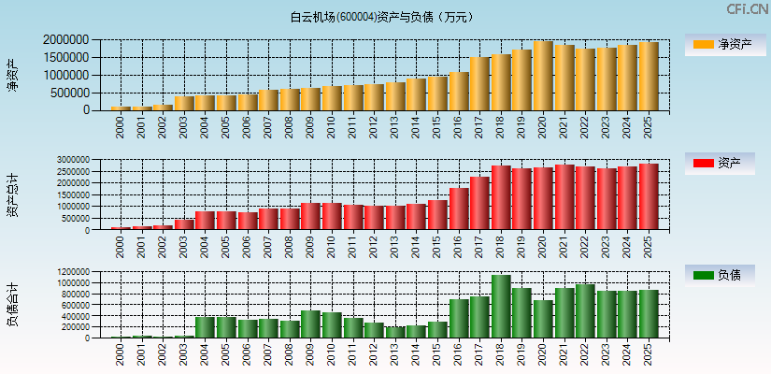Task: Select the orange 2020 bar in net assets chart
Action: pyautogui.click(x=543, y=76)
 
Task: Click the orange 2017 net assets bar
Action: pyautogui.click(x=479, y=84)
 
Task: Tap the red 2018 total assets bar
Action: pyautogui.click(x=501, y=197)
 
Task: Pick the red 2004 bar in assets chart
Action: pyautogui.click(x=205, y=220)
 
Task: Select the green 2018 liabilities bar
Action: pyautogui.click(x=501, y=307)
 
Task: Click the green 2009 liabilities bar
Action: pyautogui.click(x=310, y=324)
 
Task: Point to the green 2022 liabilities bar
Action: pyautogui.click(x=585, y=311)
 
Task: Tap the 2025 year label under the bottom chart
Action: pyautogui.click(x=649, y=354)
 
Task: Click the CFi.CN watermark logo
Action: pyautogui.click(x=748, y=9)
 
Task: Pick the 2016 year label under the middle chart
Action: pyautogui.click(x=458, y=246)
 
